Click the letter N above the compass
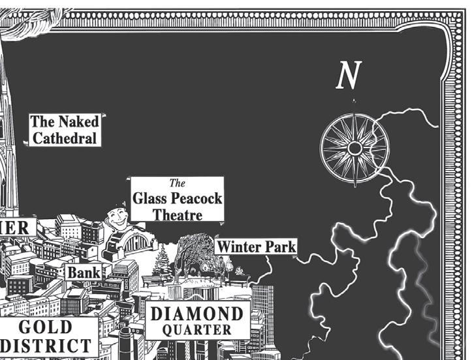(x=348, y=77)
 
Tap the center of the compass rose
(x=354, y=149)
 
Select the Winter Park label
(x=256, y=247)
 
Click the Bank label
(x=84, y=272)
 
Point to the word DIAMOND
(x=197, y=314)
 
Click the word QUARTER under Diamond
(x=197, y=330)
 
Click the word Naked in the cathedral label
(x=78, y=122)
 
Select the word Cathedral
(x=65, y=138)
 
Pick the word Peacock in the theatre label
(x=194, y=198)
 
